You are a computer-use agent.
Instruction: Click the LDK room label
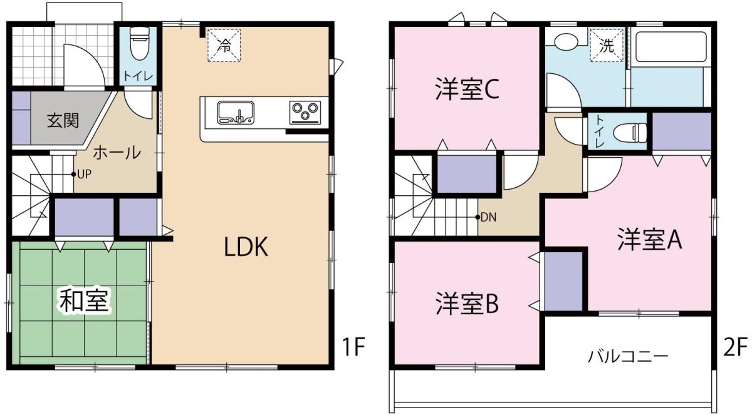[x=246, y=247]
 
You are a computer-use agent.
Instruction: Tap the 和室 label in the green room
[x=84, y=300]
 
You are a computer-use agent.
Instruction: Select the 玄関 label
[x=63, y=121]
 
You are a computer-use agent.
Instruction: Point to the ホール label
[x=117, y=153]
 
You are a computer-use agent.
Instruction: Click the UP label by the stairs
[x=84, y=174]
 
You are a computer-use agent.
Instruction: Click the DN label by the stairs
[x=488, y=217]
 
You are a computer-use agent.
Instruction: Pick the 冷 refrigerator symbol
[x=224, y=46]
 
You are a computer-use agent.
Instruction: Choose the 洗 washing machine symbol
[x=607, y=46]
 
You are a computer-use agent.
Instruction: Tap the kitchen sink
[x=236, y=113]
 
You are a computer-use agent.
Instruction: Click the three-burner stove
[x=305, y=111]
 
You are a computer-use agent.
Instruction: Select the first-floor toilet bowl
[x=138, y=43]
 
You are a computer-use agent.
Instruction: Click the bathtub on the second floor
[x=671, y=46]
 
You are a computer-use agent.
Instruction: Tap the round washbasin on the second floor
[x=566, y=42]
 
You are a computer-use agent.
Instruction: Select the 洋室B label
[x=467, y=304]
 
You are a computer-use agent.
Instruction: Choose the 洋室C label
[x=467, y=89]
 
